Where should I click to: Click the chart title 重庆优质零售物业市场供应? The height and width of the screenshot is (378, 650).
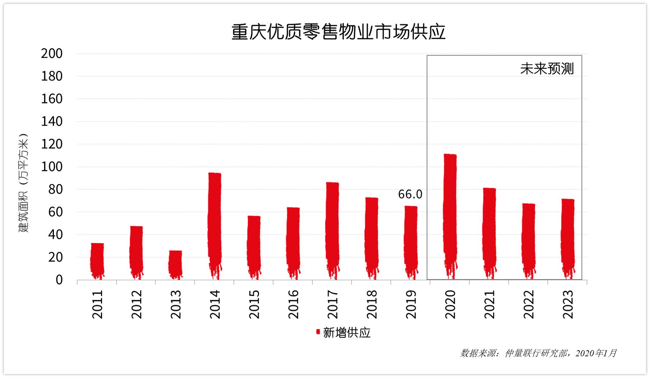tap(338, 32)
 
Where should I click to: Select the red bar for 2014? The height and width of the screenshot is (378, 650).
tap(215, 223)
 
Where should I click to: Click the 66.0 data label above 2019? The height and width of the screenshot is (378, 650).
tap(410, 195)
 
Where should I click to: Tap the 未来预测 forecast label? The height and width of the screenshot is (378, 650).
tap(547, 69)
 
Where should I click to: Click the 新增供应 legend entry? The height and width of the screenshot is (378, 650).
tap(343, 333)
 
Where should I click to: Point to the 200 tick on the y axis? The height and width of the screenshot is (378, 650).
tap(52, 54)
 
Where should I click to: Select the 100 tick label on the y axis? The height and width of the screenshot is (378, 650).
tap(52, 167)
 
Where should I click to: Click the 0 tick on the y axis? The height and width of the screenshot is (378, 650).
tap(59, 280)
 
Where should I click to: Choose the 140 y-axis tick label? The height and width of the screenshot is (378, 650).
tap(52, 122)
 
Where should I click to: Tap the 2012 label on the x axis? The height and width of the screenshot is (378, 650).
tap(137, 304)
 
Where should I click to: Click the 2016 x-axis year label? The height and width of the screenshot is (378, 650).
tap(293, 304)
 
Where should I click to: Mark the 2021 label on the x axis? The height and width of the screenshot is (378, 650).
tap(489, 304)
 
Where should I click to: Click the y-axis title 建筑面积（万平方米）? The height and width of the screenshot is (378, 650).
tap(23, 183)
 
